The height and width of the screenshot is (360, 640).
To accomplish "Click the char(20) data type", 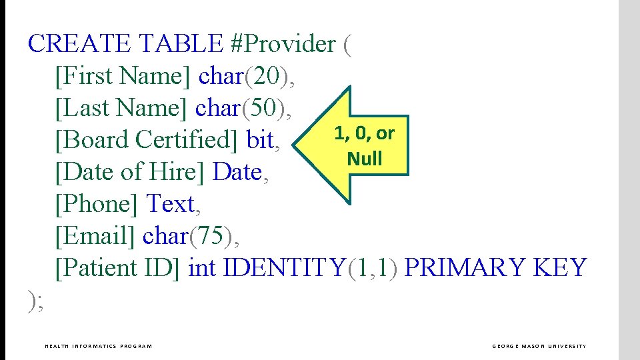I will [x=247, y=76].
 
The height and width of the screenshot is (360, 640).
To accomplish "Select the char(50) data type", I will [x=244, y=108].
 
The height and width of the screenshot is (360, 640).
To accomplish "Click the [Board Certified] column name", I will [x=147, y=140].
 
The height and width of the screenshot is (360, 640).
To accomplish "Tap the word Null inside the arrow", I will [x=364, y=159].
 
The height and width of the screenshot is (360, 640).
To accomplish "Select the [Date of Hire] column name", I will [x=131, y=172].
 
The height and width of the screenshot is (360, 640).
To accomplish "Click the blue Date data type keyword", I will [x=237, y=172].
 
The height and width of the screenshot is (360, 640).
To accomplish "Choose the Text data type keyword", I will [x=171, y=204].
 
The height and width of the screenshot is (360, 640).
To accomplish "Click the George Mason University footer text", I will [x=539, y=346].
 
